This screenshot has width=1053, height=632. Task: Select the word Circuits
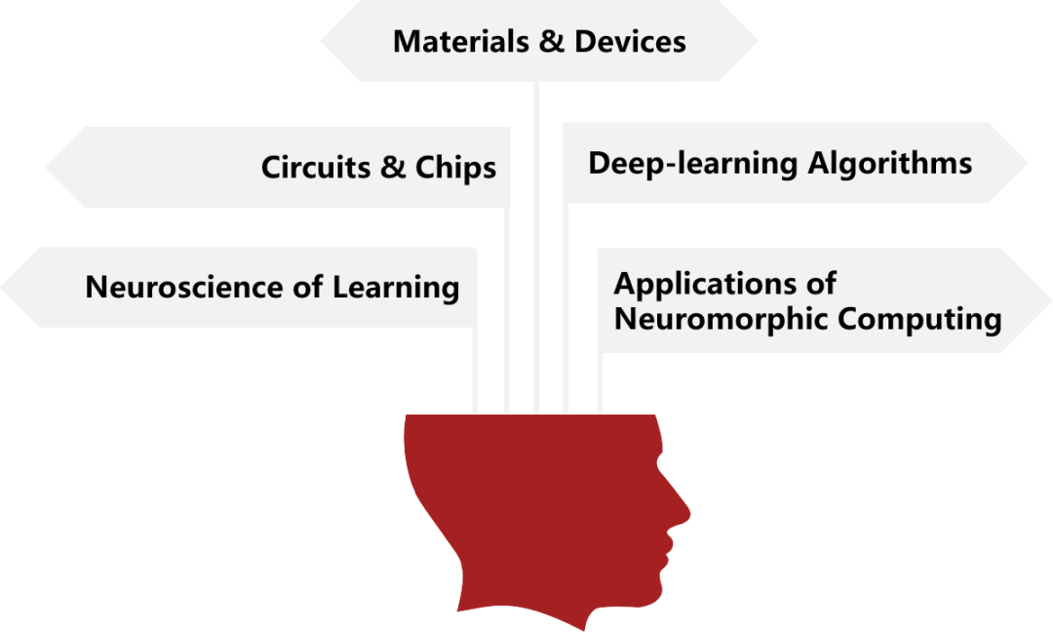click(317, 167)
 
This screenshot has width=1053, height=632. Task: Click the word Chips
click(455, 168)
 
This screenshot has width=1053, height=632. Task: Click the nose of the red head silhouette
click(685, 509)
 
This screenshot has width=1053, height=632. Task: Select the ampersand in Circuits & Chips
click(393, 167)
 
